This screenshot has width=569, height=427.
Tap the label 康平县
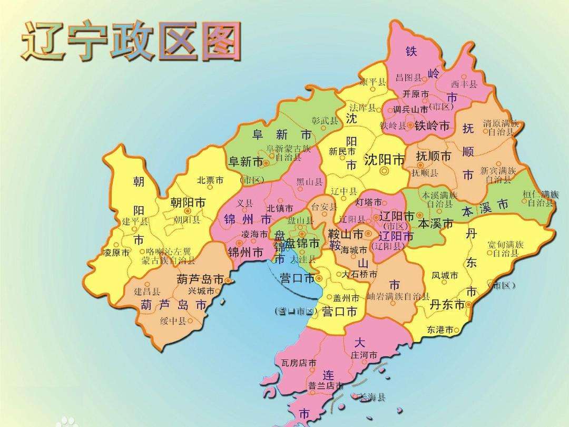click(x=372, y=82)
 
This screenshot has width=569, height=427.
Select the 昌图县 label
click(x=408, y=77)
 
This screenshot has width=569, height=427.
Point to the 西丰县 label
click(x=464, y=84)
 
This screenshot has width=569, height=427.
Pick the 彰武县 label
click(x=325, y=121)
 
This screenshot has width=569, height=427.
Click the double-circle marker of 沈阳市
click(x=385, y=171)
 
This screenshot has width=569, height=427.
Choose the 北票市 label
click(x=210, y=180)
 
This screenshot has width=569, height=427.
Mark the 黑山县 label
click(x=309, y=181)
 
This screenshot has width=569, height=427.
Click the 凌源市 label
click(x=116, y=253)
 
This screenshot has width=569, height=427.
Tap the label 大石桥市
click(x=359, y=274)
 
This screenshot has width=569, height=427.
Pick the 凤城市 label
click(x=445, y=275)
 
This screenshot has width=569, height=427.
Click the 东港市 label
click(x=440, y=330)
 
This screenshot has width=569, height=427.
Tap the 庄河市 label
click(x=364, y=355)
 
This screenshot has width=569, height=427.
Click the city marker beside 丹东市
click(x=468, y=305)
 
